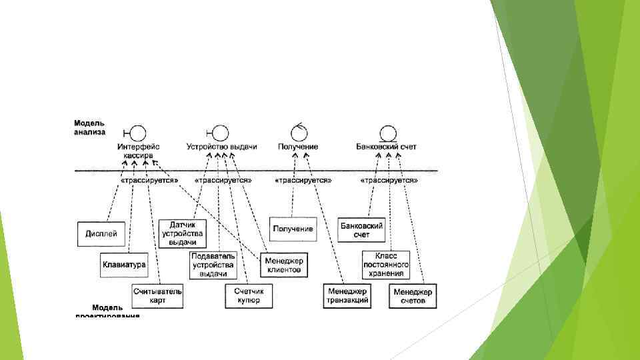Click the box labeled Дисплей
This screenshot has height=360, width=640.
pyautogui.click(x=101, y=233)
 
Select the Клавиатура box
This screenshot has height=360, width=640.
pyautogui.click(x=123, y=265)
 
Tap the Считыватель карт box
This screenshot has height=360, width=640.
pyautogui.click(x=157, y=296)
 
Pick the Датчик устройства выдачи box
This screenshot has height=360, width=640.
pyautogui.click(x=182, y=233)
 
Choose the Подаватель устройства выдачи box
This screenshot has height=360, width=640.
pyautogui.click(x=213, y=265)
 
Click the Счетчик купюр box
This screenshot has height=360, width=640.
pyautogui.click(x=248, y=296)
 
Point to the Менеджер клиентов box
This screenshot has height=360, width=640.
pyautogui.click(x=283, y=265)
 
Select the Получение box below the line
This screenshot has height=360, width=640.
pyautogui.click(x=293, y=229)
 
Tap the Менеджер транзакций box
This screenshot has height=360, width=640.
pyautogui.click(x=347, y=296)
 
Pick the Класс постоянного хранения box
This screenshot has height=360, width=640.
pyautogui.click(x=386, y=265)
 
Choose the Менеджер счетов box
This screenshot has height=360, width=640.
pyautogui.click(x=413, y=296)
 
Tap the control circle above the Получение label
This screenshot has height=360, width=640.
pyautogui.click(x=299, y=131)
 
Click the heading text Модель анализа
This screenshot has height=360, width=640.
pyautogui.click(x=89, y=127)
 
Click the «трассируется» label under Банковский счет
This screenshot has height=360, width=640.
pyautogui.click(x=389, y=180)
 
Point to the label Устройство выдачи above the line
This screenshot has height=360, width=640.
pyautogui.click(x=221, y=147)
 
